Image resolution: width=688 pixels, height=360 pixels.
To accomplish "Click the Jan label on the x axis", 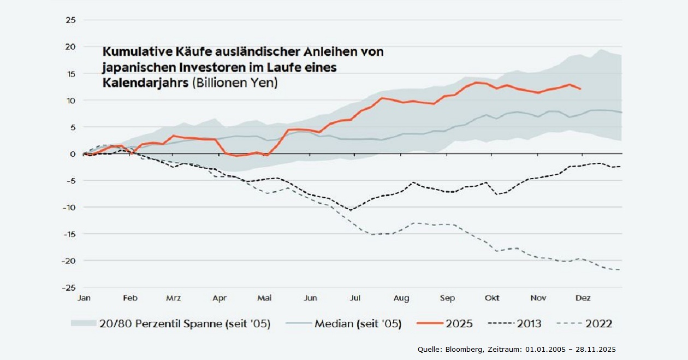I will click(84, 298).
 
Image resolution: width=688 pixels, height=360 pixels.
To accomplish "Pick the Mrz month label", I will click(173, 298).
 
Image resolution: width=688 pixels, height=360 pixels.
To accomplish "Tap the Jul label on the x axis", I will click(355, 298).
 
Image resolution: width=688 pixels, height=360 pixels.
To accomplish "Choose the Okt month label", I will click(492, 298).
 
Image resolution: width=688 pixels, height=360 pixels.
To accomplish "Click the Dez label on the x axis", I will click(583, 298).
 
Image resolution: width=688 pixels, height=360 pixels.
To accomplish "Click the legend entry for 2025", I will click(459, 323).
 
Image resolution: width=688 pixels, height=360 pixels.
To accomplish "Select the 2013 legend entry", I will click(528, 323).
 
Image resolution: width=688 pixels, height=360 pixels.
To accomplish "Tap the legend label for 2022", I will click(598, 323).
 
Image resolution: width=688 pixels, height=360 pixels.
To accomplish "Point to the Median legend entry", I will click(358, 323).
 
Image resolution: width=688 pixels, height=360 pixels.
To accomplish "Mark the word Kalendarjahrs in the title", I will click(144, 84).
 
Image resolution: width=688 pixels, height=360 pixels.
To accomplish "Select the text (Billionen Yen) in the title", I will click(233, 84).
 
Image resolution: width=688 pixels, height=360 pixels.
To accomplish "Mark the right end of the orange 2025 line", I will click(580, 88).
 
